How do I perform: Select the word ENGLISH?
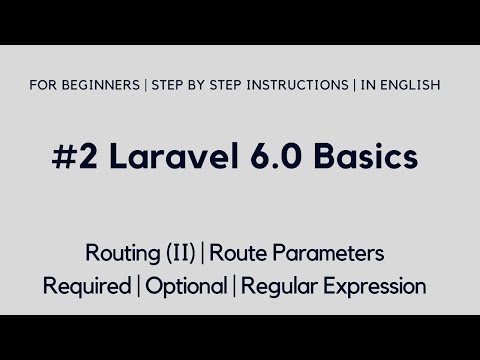click(408, 85)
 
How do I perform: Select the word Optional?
click(187, 287)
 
